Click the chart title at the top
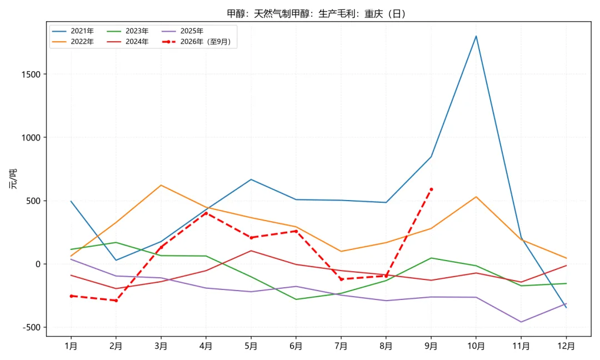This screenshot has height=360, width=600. [317, 14]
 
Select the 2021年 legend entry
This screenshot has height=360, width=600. [73, 31]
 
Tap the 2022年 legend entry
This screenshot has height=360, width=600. [73, 42]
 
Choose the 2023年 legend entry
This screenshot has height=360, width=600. [127, 31]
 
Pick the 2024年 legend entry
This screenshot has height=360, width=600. [127, 42]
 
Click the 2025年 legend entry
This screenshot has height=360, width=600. [183, 31]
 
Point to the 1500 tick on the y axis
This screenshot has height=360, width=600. [31, 74]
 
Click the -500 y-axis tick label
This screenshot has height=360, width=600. [32, 327]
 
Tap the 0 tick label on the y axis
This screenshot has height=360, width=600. [38, 264]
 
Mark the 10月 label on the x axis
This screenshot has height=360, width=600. [476, 346]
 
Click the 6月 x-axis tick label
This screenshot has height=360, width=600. [296, 346]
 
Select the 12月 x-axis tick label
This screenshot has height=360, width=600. [566, 346]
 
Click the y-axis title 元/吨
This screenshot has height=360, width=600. [13, 179]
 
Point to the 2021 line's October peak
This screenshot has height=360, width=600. [476, 36]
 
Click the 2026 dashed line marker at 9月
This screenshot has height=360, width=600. [431, 189]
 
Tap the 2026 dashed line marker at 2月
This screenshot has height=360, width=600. [116, 301]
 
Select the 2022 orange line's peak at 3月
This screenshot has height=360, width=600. [161, 185]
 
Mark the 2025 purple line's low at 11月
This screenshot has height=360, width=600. [521, 322]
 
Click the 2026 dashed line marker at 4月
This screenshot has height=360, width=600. [206, 213]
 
